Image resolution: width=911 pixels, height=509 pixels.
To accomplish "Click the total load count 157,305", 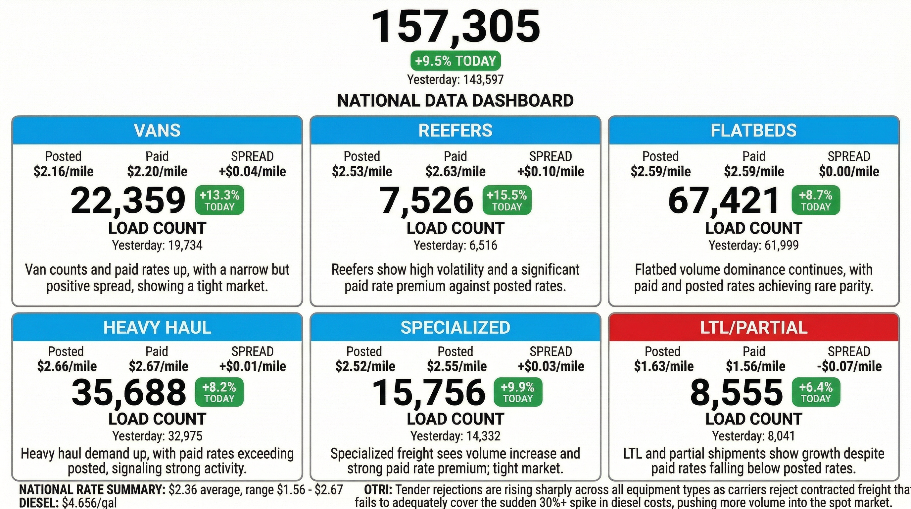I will (x=455, y=27).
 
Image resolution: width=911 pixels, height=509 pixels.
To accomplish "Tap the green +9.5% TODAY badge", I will (x=455, y=61).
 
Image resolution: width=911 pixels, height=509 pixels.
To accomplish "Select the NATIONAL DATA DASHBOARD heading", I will (x=455, y=100).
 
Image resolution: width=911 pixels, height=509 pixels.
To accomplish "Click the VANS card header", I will (x=157, y=130).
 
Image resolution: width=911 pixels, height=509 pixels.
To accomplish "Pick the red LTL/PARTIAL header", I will (x=754, y=327).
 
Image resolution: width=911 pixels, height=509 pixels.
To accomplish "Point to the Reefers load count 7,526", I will (x=426, y=200).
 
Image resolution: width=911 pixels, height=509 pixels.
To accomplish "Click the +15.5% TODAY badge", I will (x=507, y=200).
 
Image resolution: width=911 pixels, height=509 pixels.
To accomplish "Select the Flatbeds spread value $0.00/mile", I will (x=849, y=172).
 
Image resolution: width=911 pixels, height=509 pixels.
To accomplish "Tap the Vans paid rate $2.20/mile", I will (x=157, y=172).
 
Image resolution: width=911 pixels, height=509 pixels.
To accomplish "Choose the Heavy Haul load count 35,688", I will (x=129, y=392).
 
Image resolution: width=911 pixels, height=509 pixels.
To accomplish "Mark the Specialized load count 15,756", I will (x=429, y=392).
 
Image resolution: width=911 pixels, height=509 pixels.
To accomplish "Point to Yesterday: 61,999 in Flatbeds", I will (x=754, y=245).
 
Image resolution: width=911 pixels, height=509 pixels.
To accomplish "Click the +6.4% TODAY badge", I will (x=816, y=392).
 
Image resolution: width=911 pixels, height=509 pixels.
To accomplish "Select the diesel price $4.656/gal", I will (x=89, y=503).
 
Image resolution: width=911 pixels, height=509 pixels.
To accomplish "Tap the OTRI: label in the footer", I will (x=378, y=490).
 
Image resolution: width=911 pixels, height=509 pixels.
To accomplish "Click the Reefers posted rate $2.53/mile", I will (x=362, y=172).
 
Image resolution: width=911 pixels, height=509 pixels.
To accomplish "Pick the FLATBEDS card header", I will (x=754, y=130).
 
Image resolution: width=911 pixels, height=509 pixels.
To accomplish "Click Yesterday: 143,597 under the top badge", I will (x=455, y=79).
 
